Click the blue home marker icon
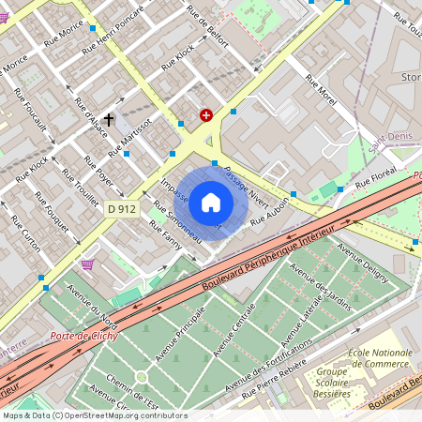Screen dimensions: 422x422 211,201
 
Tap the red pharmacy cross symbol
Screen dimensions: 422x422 206,115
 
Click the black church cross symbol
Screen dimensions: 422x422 109,120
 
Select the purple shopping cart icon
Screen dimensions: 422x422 88,264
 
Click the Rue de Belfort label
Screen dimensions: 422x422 207,24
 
